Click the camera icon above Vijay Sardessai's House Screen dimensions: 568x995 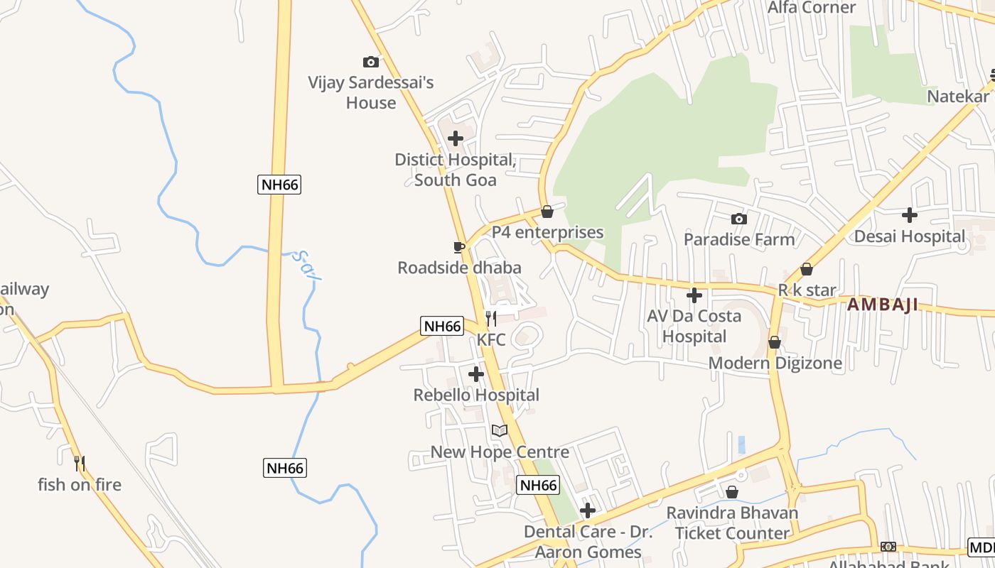click(x=370, y=62)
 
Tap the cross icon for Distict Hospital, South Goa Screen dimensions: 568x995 click(x=456, y=138)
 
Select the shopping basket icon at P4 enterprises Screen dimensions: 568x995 click(x=547, y=212)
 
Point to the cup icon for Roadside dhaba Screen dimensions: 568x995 click(x=459, y=247)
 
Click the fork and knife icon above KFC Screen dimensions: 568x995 click(x=491, y=319)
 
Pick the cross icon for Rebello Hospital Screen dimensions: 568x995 click(x=476, y=374)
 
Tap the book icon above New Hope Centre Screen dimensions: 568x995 click(x=500, y=430)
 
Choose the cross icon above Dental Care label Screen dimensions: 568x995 click(x=587, y=510)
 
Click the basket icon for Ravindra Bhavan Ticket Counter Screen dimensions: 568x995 click(x=732, y=492)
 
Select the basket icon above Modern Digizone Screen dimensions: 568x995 click(x=775, y=343)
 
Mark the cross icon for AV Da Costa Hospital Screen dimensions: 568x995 click(x=694, y=295)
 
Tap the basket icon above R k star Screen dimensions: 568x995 click(x=807, y=270)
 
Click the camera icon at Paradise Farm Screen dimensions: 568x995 click(x=739, y=219)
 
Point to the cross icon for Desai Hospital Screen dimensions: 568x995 click(x=910, y=215)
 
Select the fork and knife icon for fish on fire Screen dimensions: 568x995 click(x=80, y=464)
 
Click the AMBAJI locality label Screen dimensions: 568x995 click(x=883, y=305)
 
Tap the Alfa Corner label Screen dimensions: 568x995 click(x=812, y=8)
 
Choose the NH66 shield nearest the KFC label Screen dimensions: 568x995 click(x=442, y=326)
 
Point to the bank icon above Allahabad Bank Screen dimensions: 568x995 click(x=888, y=546)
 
